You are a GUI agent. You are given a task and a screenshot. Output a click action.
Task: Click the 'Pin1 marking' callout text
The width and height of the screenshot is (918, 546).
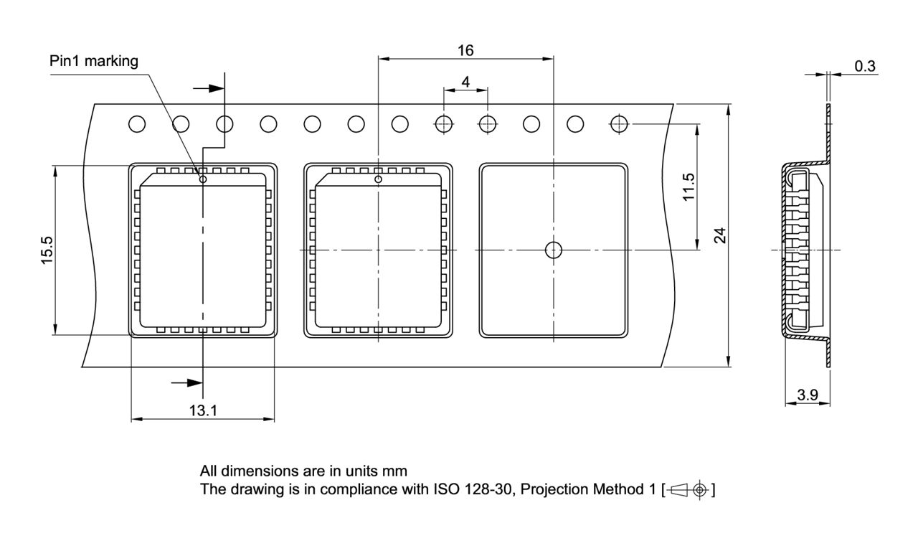[x=93, y=61]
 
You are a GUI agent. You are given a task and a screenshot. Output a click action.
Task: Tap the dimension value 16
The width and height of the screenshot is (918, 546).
[x=465, y=50]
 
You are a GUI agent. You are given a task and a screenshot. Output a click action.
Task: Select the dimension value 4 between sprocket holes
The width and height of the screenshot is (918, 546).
[x=465, y=82]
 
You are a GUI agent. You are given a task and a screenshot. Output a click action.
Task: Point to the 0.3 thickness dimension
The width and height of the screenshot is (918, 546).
[x=865, y=66]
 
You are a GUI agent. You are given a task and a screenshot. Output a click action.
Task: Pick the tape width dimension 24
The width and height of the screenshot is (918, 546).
[x=720, y=235]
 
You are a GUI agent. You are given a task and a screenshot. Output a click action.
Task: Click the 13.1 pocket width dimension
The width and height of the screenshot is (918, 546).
[x=203, y=410]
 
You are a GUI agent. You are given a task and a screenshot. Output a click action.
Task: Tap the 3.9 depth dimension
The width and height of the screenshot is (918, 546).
[x=808, y=395]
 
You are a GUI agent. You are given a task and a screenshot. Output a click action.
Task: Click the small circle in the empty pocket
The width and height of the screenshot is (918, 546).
[x=553, y=250]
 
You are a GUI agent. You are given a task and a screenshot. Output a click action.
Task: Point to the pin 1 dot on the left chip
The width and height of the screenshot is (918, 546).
[x=203, y=179]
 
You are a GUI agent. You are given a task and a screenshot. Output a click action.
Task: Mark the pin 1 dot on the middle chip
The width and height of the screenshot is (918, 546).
[x=378, y=179]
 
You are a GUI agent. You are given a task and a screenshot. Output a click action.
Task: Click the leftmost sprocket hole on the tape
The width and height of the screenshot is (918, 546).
[x=137, y=124]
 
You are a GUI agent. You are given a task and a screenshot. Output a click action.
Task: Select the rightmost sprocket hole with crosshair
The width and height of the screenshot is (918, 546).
[x=619, y=124]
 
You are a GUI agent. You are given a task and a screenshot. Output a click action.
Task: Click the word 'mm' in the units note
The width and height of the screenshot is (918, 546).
[x=396, y=471]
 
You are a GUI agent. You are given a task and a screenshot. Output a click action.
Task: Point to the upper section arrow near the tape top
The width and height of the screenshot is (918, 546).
[x=209, y=88]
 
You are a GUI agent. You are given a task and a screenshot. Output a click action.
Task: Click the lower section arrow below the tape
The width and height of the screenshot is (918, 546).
[x=188, y=382]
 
